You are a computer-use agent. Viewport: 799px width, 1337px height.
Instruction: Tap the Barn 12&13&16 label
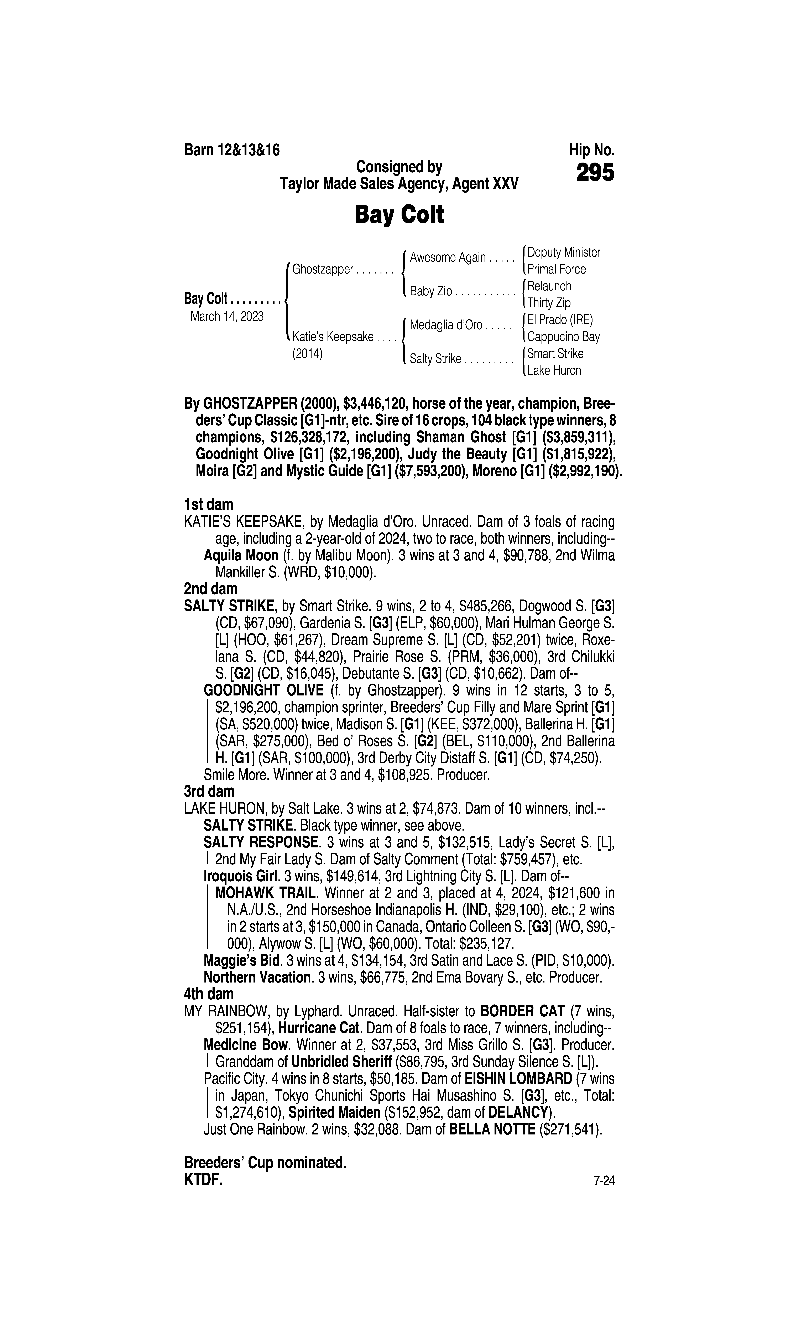click(x=232, y=150)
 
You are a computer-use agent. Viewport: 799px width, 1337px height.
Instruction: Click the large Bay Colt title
click(x=399, y=215)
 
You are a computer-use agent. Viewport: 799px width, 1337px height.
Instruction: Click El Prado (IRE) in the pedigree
click(x=560, y=320)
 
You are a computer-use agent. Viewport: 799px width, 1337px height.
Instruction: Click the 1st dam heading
click(x=208, y=505)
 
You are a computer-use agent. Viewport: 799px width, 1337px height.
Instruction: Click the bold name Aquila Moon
click(x=241, y=555)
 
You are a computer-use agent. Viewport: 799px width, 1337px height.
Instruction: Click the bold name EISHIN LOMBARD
click(x=518, y=1079)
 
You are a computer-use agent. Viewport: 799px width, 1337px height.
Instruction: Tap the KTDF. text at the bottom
click(x=203, y=1180)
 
